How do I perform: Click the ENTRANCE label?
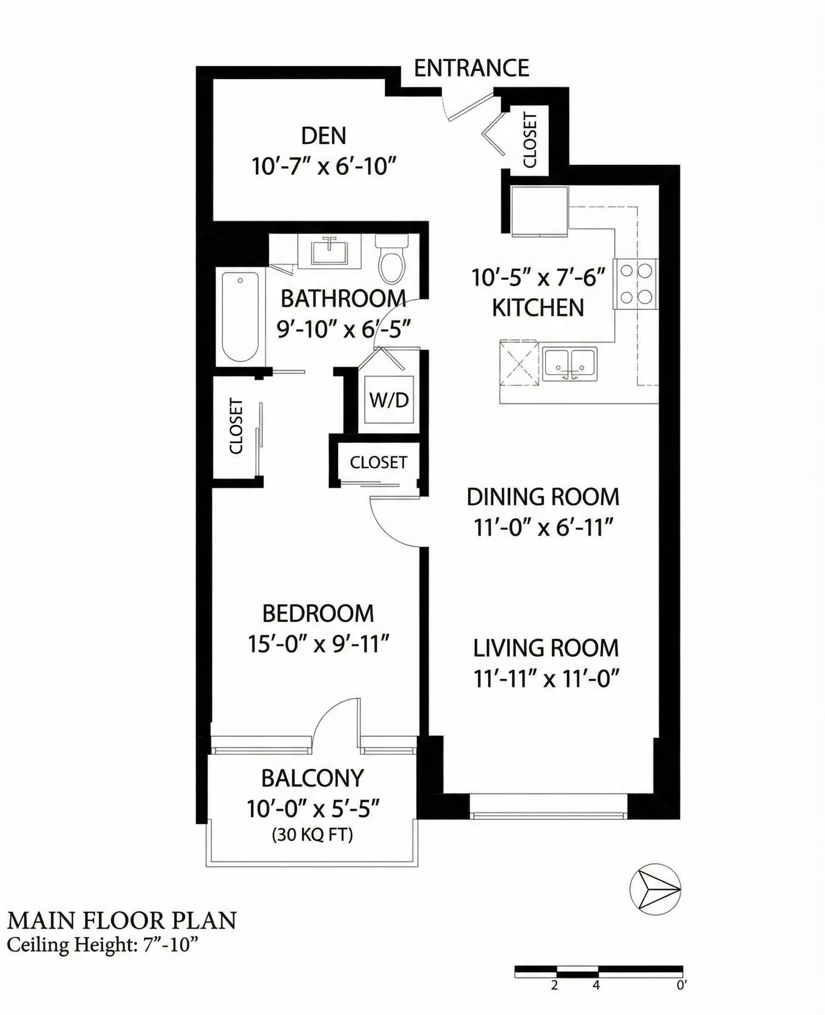[x=471, y=69]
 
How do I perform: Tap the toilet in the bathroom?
[x=392, y=260]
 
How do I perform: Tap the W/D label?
[x=389, y=400]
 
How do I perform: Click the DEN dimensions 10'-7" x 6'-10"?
[x=324, y=166]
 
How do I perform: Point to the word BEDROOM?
[x=318, y=613]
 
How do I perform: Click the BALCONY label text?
[x=312, y=778]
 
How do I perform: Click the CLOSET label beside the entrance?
[x=530, y=140]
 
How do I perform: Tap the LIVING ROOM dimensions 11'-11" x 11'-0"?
[x=547, y=679]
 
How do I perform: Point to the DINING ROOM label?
[x=543, y=497]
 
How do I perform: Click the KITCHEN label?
[x=538, y=308]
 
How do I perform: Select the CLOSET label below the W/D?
[x=378, y=462]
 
